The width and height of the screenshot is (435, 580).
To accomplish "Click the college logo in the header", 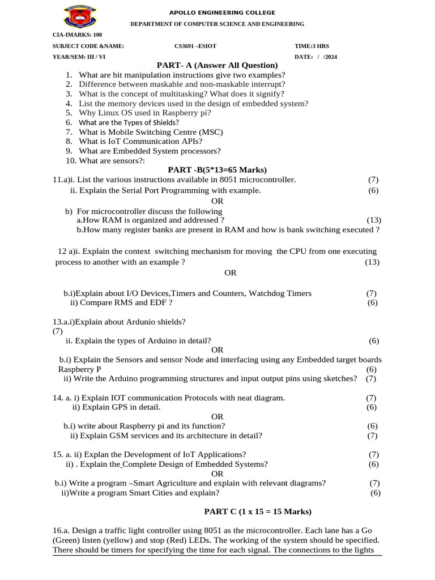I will [x=80, y=16].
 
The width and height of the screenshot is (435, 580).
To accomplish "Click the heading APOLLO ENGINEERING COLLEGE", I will [x=222, y=12].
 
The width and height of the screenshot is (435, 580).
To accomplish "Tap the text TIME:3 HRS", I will [x=312, y=46].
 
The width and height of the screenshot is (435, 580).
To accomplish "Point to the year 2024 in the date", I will [x=330, y=57].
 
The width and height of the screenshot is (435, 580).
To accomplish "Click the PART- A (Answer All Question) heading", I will [x=217, y=65].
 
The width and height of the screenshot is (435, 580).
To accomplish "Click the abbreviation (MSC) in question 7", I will [x=211, y=132].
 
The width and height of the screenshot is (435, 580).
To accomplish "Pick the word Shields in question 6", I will [x=164, y=122].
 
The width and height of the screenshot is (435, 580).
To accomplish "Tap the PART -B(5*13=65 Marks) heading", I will [x=217, y=170].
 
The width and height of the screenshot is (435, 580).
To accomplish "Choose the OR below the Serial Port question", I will [x=217, y=201].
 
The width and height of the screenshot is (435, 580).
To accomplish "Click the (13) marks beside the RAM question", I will [x=374, y=220].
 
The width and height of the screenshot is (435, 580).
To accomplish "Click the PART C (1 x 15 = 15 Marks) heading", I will [x=258, y=511].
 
